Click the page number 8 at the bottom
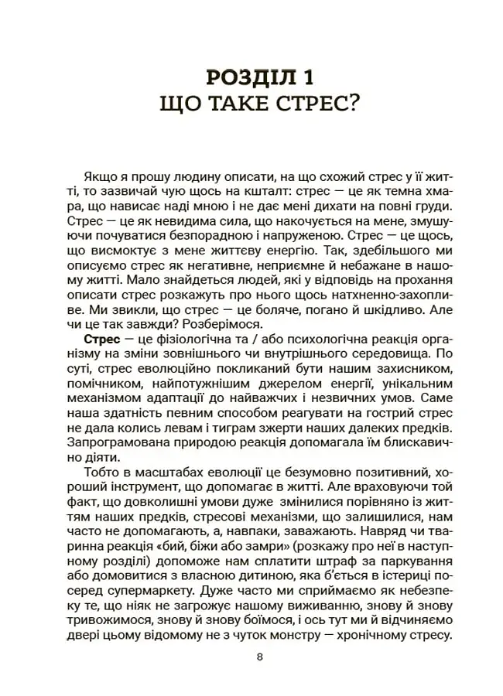coord(259,657)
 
